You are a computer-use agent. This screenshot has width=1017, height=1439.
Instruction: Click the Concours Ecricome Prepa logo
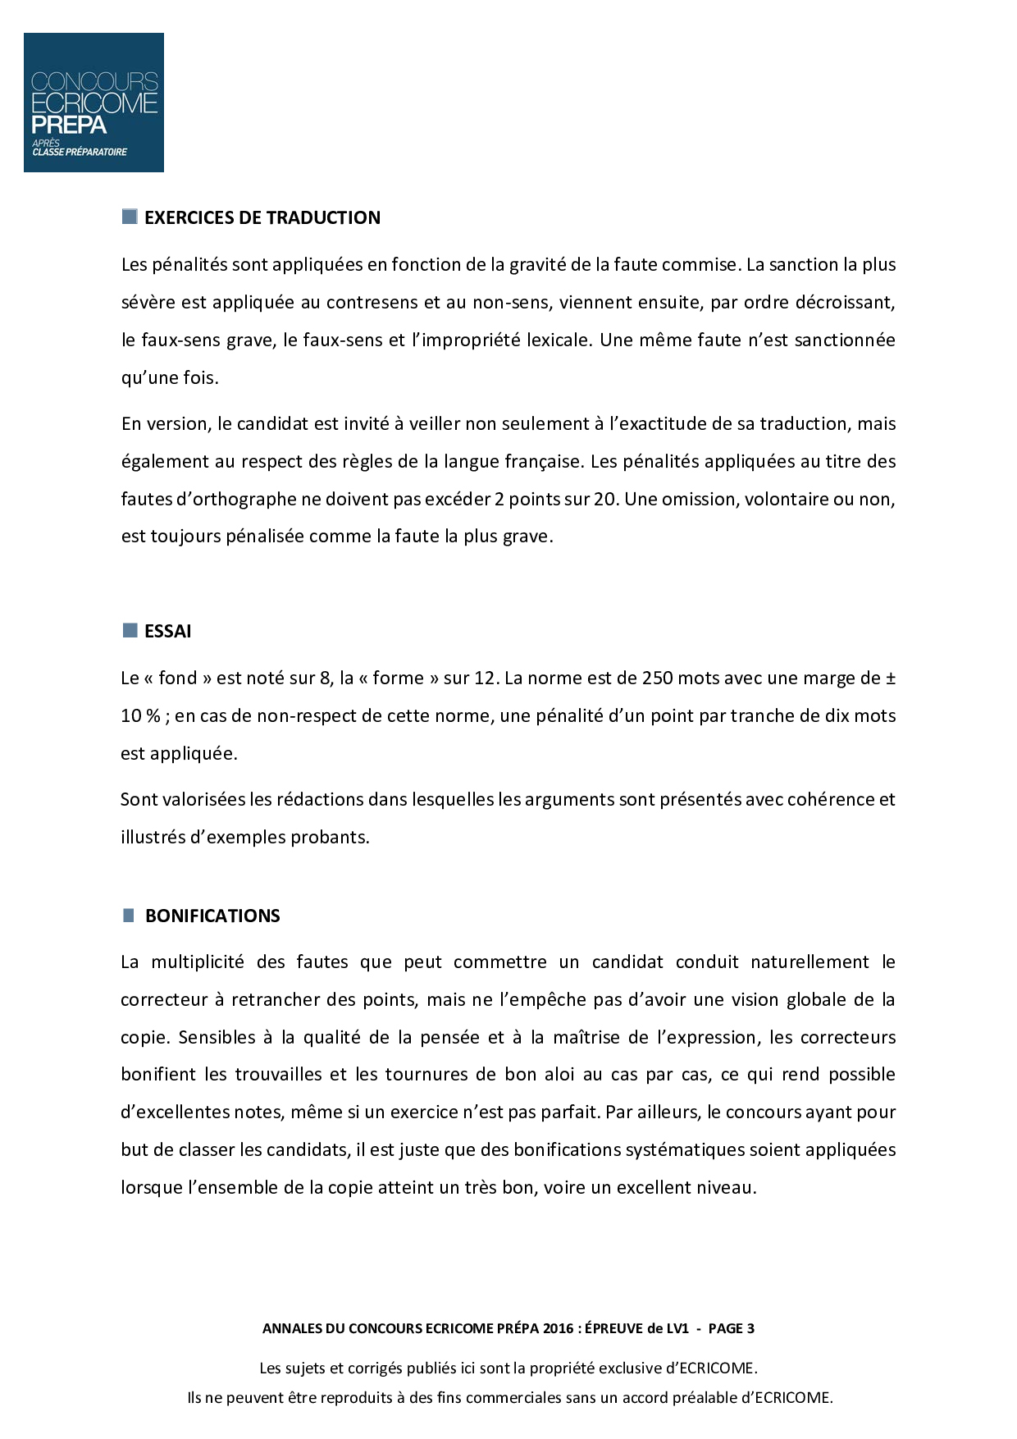point(93,103)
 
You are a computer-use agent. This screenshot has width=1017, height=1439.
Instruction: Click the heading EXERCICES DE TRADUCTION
point(262,217)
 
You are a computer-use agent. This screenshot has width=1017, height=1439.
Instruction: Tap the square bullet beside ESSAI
point(130,630)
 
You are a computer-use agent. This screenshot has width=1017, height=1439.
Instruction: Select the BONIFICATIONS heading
point(212,916)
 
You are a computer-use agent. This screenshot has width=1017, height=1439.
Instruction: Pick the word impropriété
point(466,340)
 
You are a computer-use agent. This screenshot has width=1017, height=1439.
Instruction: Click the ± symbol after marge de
point(890,678)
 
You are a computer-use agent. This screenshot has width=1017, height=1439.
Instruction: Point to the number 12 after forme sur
point(486,678)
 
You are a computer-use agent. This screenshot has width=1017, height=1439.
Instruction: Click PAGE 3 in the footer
point(732,1328)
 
